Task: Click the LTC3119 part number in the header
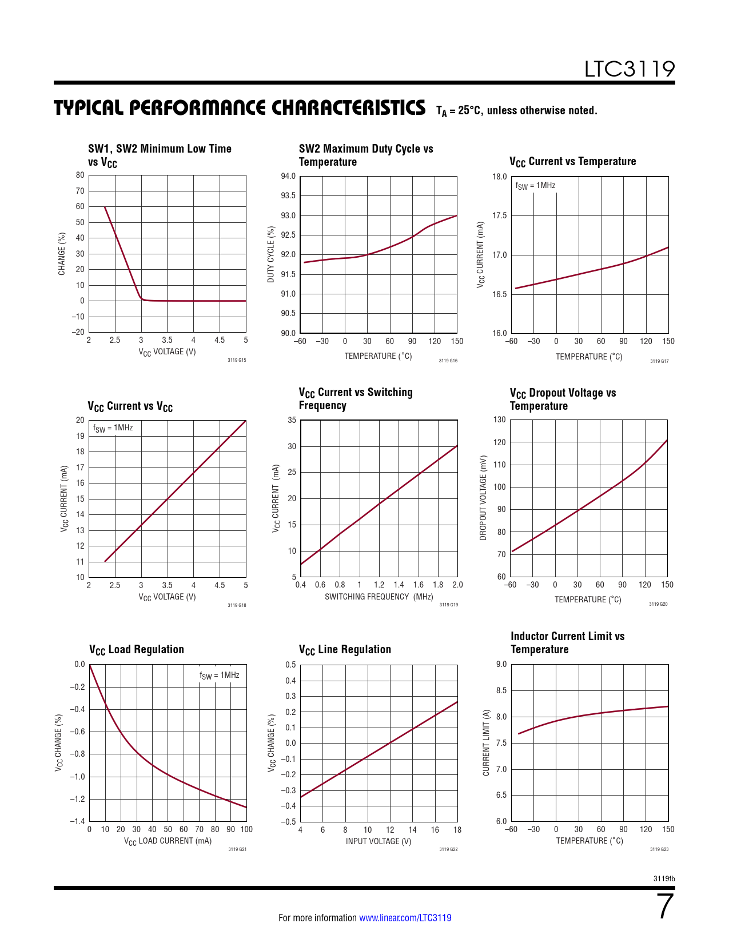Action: [629, 69]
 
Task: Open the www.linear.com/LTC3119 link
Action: [405, 918]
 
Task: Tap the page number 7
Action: [666, 906]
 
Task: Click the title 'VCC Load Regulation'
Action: [137, 650]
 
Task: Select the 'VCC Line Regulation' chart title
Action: [345, 650]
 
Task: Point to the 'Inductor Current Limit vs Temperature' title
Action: [567, 643]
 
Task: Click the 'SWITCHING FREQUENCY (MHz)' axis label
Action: [379, 597]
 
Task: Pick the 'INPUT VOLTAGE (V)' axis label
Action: [379, 841]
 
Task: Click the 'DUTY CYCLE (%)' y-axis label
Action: [271, 254]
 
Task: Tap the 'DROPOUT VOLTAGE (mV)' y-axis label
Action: [483, 498]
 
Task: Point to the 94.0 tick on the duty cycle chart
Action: [288, 176]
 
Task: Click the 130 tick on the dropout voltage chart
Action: [499, 419]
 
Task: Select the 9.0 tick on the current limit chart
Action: [501, 664]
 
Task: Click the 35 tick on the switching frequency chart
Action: [292, 420]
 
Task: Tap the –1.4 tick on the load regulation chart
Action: [77, 821]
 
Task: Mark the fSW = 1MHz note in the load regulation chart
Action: [219, 676]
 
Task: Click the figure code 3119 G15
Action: [237, 361]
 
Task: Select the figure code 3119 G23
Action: [659, 849]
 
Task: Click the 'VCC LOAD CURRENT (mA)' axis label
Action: [168, 841]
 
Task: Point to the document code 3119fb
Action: [664, 878]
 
